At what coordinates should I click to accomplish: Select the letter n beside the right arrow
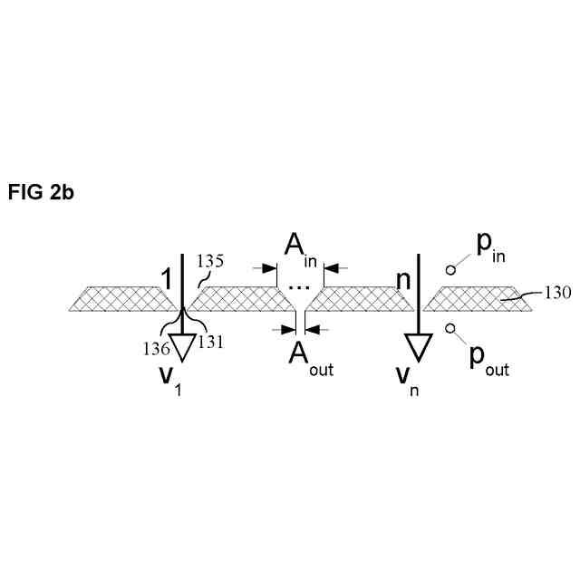[403, 278]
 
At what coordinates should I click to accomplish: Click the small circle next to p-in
[450, 269]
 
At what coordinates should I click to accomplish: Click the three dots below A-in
[298, 287]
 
